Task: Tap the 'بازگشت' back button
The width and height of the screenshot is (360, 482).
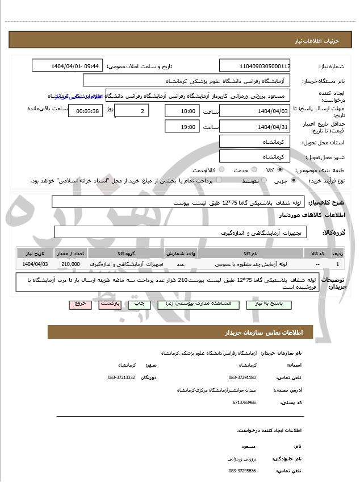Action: (110, 304)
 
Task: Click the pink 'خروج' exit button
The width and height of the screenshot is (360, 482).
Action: (80, 304)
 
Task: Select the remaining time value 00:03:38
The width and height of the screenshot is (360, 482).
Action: (85, 111)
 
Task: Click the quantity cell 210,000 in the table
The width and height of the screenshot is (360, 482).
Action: (71, 264)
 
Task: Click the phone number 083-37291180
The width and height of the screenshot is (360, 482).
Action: (242, 377)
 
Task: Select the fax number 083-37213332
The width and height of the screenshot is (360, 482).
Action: (122, 377)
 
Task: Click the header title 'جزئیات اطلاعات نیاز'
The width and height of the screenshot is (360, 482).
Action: (321, 42)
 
